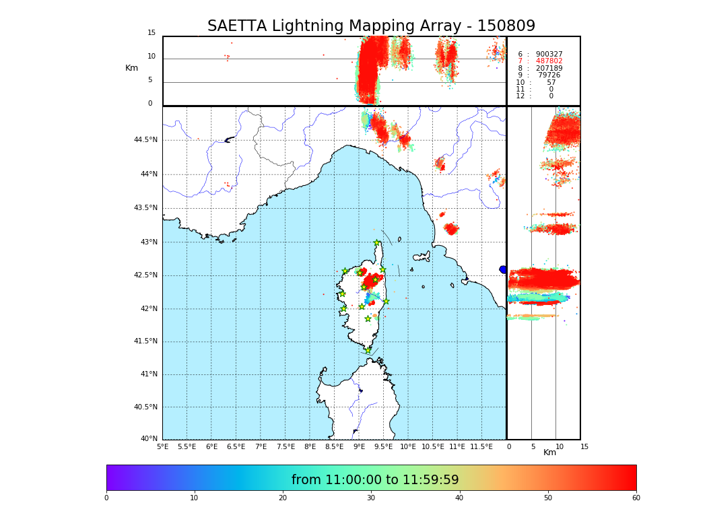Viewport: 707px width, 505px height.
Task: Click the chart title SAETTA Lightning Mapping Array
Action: pyautogui.click(x=371, y=26)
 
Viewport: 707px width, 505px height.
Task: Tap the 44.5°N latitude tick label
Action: pyautogui.click(x=145, y=140)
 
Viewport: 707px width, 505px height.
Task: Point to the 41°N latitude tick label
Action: pyautogui.click(x=148, y=374)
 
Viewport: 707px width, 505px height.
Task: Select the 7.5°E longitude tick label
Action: pyautogui.click(x=285, y=447)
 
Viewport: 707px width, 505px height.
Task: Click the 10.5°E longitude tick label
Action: pyautogui.click(x=433, y=447)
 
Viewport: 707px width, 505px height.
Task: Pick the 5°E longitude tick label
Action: pyautogui.click(x=162, y=447)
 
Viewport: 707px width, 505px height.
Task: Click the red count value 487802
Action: pyautogui.click(x=549, y=61)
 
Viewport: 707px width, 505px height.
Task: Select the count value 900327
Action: pyautogui.click(x=549, y=55)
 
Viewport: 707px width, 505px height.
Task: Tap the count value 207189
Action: pyautogui.click(x=549, y=69)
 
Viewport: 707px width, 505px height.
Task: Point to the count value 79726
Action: pyautogui.click(x=549, y=75)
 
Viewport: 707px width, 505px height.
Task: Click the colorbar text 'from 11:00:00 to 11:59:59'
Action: pyautogui.click(x=375, y=480)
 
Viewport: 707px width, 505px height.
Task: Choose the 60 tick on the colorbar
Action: pyautogui.click(x=636, y=498)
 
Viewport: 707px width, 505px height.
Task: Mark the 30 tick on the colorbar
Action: pyautogui.click(x=371, y=498)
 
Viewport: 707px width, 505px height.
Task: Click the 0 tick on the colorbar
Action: pyautogui.click(x=106, y=498)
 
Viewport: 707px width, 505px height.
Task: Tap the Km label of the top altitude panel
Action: pyautogui.click(x=131, y=68)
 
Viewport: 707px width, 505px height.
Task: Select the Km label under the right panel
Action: pyautogui.click(x=550, y=452)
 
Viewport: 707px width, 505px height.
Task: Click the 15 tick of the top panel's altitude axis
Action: pyautogui.click(x=151, y=33)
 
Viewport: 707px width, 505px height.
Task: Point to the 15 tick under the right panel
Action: pyautogui.click(x=584, y=447)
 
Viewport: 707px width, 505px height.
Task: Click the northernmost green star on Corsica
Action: pyautogui.click(x=377, y=243)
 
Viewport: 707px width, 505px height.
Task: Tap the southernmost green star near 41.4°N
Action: pyautogui.click(x=368, y=350)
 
